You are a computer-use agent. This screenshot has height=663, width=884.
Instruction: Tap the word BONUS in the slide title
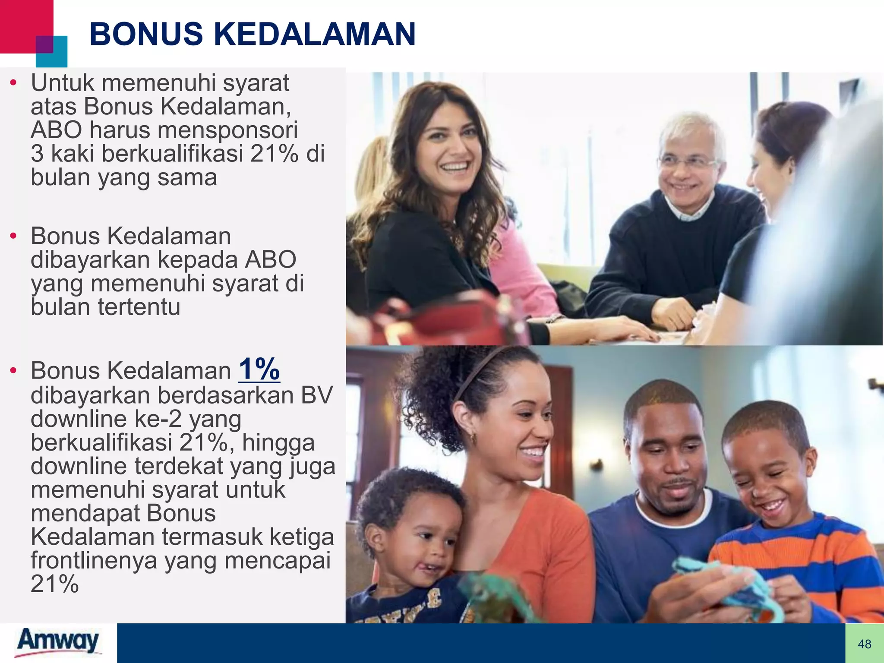[146, 34]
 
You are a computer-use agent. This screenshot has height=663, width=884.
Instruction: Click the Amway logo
[58, 642]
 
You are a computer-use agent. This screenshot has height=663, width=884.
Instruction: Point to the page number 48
[864, 644]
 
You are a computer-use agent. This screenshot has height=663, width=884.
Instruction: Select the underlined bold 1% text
[259, 369]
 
